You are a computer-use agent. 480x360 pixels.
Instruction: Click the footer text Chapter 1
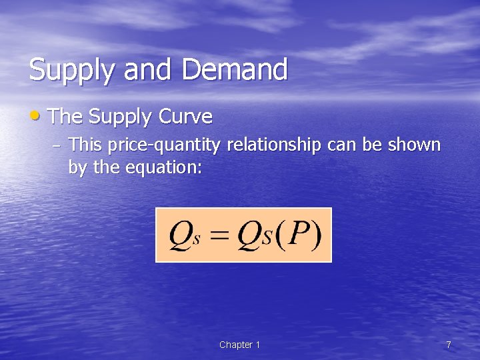240,345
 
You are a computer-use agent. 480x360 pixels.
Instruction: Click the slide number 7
449,345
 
